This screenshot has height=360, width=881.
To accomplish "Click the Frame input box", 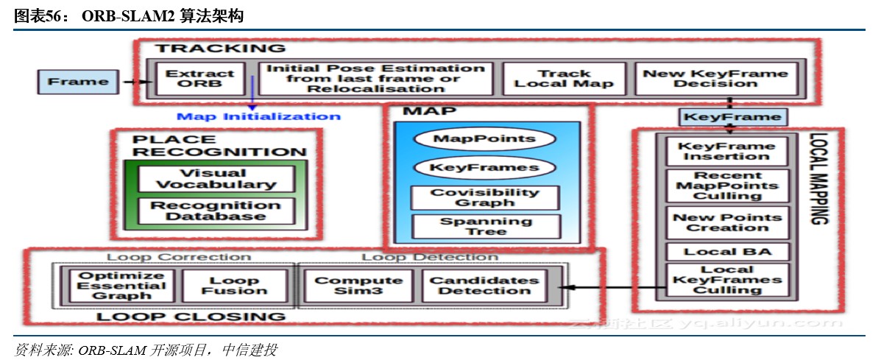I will pyautogui.click(x=77, y=82).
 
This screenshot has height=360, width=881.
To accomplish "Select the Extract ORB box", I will pyautogui.click(x=199, y=79).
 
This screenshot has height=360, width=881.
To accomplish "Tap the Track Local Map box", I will pyautogui.click(x=564, y=79).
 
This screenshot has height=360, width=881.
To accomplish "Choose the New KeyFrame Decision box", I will pyautogui.click(x=715, y=79).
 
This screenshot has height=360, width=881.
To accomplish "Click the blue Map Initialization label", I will pyautogui.click(x=258, y=116).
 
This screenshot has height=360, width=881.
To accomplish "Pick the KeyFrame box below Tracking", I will pyautogui.click(x=732, y=117).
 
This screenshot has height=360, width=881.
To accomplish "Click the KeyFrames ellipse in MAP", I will pyautogui.click(x=484, y=167).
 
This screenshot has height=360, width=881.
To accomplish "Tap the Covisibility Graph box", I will pyautogui.click(x=484, y=197).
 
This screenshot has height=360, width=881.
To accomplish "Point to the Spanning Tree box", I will pyautogui.click(x=485, y=226).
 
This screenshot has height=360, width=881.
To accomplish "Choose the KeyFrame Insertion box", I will pyautogui.click(x=726, y=152).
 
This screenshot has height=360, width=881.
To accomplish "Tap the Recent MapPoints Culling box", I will pyautogui.click(x=727, y=186).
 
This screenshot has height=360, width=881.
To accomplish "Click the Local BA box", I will pyautogui.click(x=727, y=252).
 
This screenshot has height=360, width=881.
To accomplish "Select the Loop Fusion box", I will pyautogui.click(x=234, y=286).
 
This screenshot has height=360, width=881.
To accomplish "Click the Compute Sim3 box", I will pyautogui.click(x=358, y=286).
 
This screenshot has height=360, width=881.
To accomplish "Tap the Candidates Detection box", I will pyautogui.click(x=484, y=286).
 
